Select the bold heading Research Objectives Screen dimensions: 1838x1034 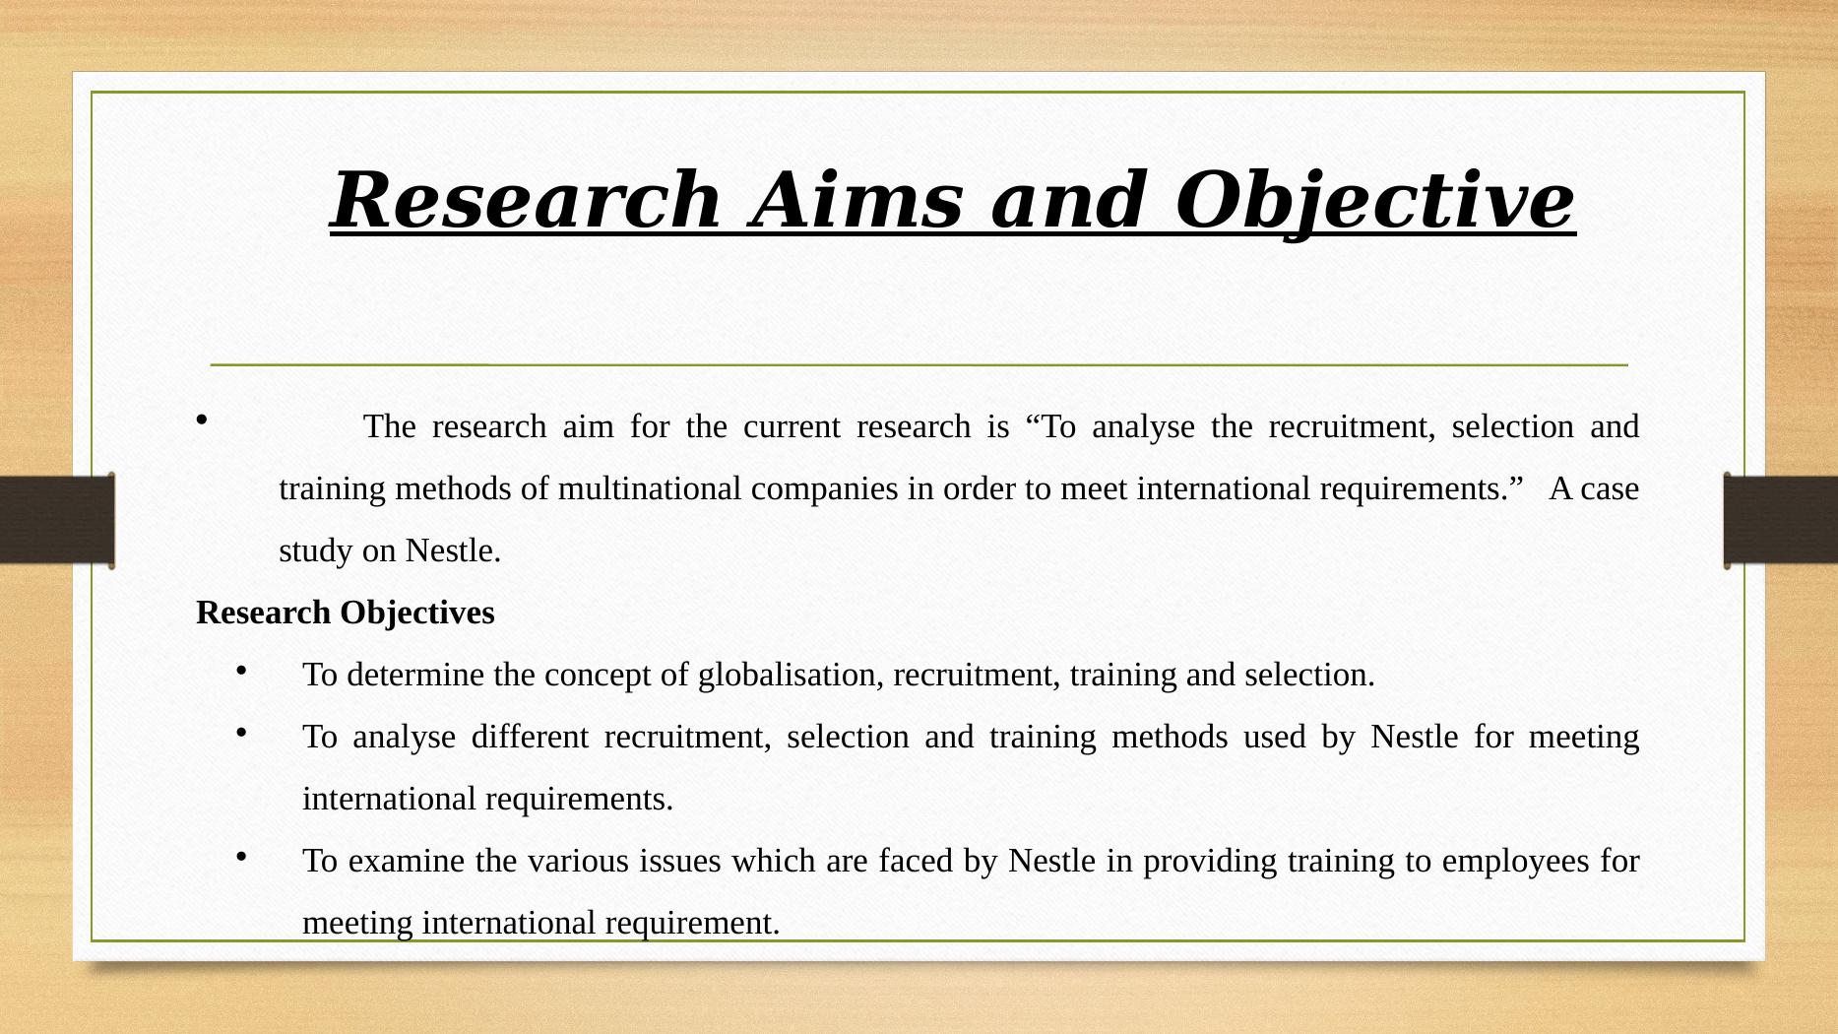346,614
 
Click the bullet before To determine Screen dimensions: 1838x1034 241,671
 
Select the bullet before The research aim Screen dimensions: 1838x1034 203,420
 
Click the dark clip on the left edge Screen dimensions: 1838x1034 57,519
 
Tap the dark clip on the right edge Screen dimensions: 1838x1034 1780,519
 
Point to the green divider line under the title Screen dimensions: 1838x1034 919,365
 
